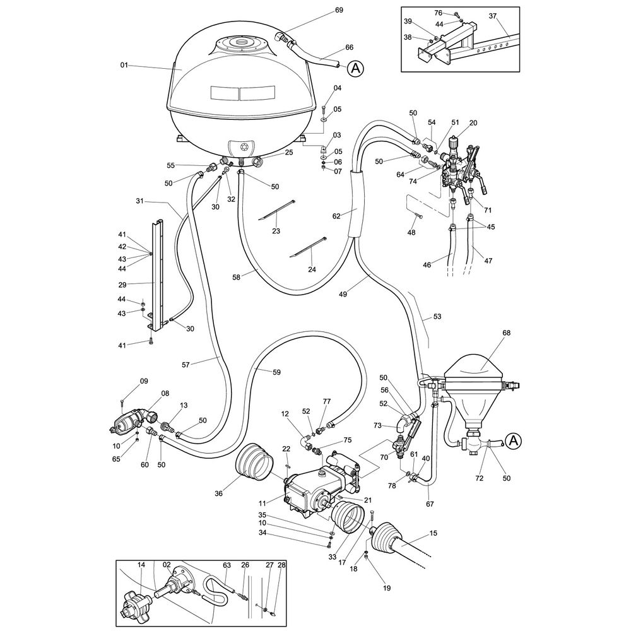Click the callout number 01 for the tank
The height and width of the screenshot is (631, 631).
coord(124,64)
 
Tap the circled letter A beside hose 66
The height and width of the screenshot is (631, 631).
coord(356,68)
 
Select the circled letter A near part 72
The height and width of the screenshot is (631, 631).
coord(514,441)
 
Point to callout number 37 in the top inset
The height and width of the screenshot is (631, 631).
coord(493,16)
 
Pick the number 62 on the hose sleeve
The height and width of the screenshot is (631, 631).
coord(336,216)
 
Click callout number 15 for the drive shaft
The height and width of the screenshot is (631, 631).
coord(433,534)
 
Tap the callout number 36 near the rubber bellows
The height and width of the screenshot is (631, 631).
coord(219,493)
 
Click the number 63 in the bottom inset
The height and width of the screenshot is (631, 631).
coord(227,565)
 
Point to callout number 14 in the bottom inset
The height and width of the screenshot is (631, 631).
coord(141,565)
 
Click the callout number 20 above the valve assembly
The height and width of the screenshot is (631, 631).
coord(473,123)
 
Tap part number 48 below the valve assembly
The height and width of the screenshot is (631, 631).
coord(411,233)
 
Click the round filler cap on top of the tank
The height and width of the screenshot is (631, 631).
coord(242,43)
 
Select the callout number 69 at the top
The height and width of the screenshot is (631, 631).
coord(357,11)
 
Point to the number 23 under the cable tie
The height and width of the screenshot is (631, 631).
coord(276,231)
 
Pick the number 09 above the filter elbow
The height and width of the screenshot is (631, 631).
coord(144,381)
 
